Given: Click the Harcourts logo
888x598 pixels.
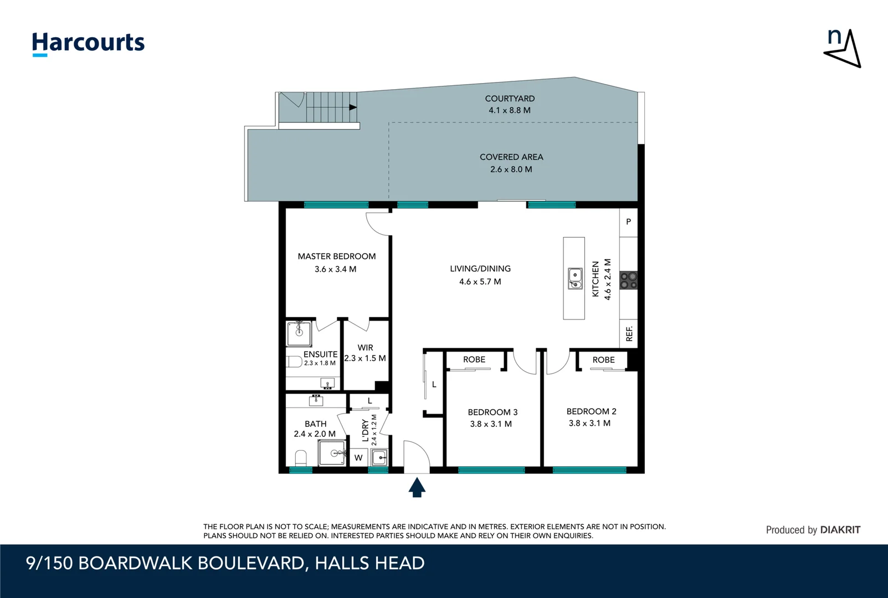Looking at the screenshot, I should [x=88, y=43].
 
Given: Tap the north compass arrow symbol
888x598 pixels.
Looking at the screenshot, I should [x=843, y=49].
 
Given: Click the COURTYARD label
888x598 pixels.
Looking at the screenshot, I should [x=510, y=99].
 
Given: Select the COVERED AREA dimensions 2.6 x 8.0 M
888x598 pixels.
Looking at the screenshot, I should [x=511, y=169].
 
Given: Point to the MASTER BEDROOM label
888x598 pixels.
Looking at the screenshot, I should [x=336, y=256].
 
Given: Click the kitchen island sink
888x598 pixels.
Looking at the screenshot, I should [x=575, y=278].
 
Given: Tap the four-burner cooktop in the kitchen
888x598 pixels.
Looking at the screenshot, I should [x=628, y=280].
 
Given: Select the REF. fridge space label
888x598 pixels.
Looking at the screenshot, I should [x=629, y=334].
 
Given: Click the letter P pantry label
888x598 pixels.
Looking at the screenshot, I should [x=628, y=221].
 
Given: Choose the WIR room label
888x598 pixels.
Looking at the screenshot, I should [x=365, y=348].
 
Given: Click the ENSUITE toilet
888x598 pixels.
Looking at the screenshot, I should [x=294, y=362].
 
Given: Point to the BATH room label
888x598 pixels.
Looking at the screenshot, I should [x=315, y=424].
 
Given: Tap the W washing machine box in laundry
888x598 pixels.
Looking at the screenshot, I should [x=358, y=457].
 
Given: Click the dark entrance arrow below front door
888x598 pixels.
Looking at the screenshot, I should [x=417, y=488].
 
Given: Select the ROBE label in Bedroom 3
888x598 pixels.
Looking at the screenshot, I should [x=474, y=359].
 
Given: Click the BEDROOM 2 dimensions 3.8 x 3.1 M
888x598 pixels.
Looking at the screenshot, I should [x=589, y=423].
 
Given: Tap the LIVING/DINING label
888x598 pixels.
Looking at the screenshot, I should [x=480, y=269].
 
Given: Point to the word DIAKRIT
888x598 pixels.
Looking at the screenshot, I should [x=840, y=530].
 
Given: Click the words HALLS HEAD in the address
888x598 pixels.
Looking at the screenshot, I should [x=369, y=563].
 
